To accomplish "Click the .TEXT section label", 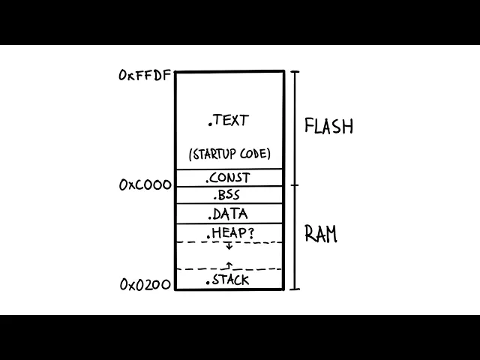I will coord(229,120).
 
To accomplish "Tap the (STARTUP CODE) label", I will coord(229,154).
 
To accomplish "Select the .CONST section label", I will coord(229,178).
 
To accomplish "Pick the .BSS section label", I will coord(229,196).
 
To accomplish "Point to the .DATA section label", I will coord(229,214).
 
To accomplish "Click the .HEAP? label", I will coord(229,233).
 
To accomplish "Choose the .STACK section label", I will coord(228,280).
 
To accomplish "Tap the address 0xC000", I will coord(145,185).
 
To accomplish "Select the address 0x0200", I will coord(145,284).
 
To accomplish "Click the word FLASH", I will coord(328,126).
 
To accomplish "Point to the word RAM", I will coord(321,234).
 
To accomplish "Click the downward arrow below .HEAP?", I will coord(229,246).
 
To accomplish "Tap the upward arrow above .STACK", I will coord(229,264).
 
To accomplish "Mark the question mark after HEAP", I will coord(250,233).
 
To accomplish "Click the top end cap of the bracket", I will coord(295,72).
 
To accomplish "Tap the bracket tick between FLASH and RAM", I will coord(295,185).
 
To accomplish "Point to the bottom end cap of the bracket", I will coord(295,289).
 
